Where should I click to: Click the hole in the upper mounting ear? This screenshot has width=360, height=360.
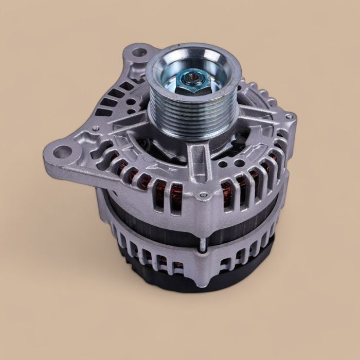pos(138,53)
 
